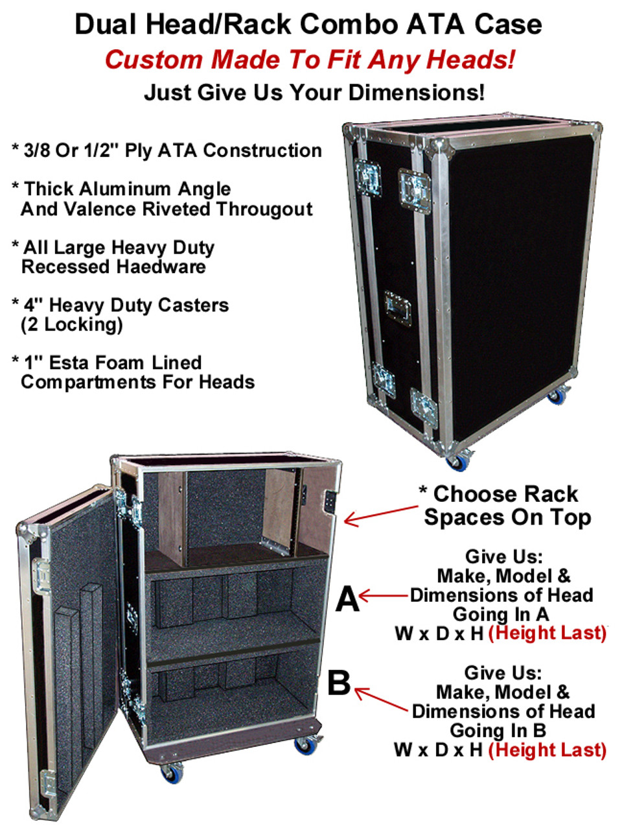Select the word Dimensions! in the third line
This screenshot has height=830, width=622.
pyautogui.click(x=417, y=93)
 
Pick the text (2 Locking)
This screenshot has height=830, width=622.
pyautogui.click(x=71, y=324)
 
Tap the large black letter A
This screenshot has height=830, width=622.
pyautogui.click(x=347, y=599)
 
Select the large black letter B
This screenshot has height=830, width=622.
pyautogui.click(x=339, y=683)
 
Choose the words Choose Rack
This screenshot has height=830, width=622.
pyautogui.click(x=505, y=494)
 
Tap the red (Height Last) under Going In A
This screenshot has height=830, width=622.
pyautogui.click(x=547, y=633)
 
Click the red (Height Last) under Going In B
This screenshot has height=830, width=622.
pyautogui.click(x=547, y=750)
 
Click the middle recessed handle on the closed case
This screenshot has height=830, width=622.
pyautogui.click(x=397, y=308)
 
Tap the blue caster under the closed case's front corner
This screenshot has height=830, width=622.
pyautogui.click(x=460, y=462)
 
